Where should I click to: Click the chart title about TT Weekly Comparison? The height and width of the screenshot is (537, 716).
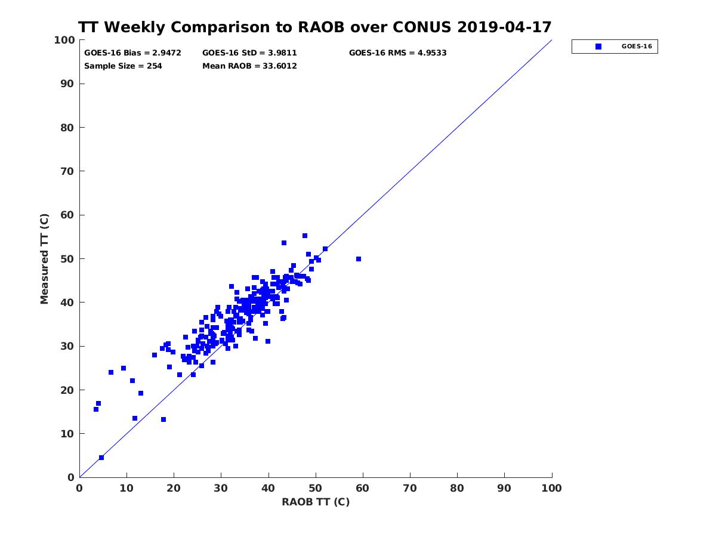[315, 27]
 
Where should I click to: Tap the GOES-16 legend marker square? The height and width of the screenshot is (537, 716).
[598, 47]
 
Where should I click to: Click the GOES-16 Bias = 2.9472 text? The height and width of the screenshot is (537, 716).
[132, 53]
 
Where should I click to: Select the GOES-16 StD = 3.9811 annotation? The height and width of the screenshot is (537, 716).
[249, 53]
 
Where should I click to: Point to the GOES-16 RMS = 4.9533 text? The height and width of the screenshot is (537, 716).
[397, 53]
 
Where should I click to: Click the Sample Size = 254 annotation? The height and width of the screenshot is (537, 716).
[123, 66]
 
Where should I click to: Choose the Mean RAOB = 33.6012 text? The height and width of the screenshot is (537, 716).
[249, 66]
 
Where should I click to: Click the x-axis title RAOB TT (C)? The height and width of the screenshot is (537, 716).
[316, 502]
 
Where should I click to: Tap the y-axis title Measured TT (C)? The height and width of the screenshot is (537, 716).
[45, 258]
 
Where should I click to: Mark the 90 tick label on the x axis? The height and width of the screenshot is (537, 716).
[504, 488]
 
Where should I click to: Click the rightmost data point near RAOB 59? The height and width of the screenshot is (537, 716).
[359, 259]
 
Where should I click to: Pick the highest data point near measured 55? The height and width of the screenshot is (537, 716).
[305, 236]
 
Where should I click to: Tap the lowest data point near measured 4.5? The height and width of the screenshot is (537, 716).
[101, 458]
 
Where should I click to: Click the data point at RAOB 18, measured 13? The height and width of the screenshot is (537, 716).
[163, 419]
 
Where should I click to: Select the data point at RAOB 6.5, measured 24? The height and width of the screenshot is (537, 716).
[111, 372]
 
